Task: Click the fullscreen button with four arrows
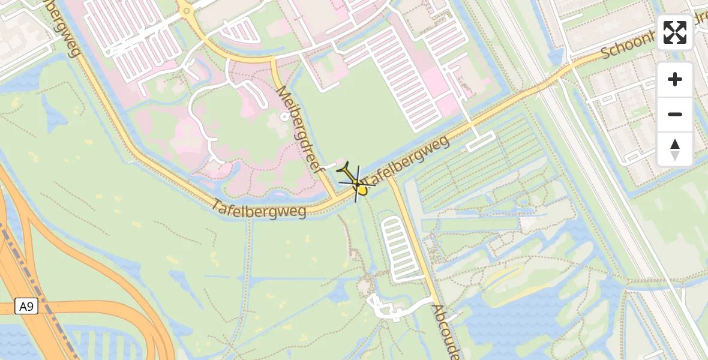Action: [x=675, y=32]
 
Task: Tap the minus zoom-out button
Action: [x=675, y=114]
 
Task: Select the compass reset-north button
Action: [x=675, y=149]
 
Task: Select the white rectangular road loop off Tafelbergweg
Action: [x=481, y=140]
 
